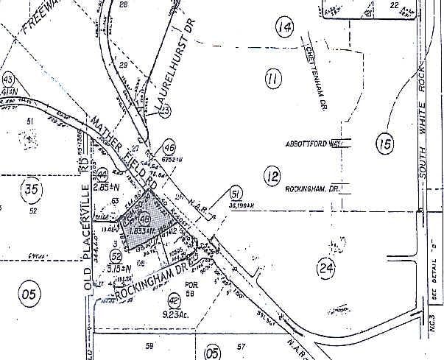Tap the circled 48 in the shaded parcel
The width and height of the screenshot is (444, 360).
click(144, 219)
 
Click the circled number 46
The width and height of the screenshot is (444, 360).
click(169, 145)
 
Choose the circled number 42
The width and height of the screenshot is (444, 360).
click(174, 300)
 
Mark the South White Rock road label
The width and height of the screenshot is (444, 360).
click(423, 125)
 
